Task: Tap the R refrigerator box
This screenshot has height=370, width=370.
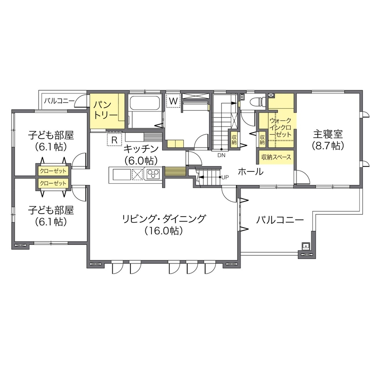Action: pyautogui.click(x=114, y=140)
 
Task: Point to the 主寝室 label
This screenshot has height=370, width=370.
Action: pyautogui.click(x=328, y=133)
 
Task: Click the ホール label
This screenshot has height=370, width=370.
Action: pyautogui.click(x=251, y=172)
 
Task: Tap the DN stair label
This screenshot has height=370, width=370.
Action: pyautogui.click(x=220, y=155)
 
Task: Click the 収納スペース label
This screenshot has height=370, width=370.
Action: pyautogui.click(x=276, y=157)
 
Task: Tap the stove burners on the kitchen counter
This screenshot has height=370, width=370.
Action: pyautogui.click(x=153, y=174)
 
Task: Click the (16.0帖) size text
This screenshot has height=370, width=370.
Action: pyautogui.click(x=163, y=230)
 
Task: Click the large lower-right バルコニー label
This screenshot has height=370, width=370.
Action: pyautogui.click(x=280, y=219)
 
